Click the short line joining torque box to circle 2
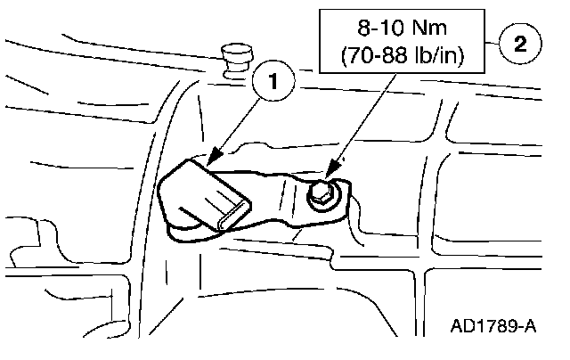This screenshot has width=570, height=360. (x=493, y=41)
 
